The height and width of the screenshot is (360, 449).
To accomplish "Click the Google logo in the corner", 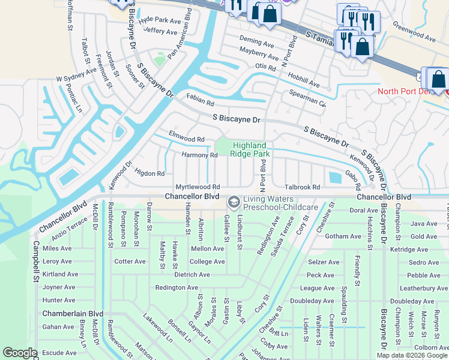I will (19, 353).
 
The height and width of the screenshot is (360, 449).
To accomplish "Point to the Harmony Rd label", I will (199, 155).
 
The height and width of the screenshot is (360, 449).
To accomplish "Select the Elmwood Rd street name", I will (187, 136).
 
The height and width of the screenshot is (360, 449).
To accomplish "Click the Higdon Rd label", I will (149, 173).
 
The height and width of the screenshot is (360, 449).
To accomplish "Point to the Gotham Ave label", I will (343, 236).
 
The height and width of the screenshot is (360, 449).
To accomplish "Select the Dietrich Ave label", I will (191, 274).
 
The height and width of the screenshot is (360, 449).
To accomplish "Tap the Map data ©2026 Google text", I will (412, 355).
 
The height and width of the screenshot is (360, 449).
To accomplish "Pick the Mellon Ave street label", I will (207, 248).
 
